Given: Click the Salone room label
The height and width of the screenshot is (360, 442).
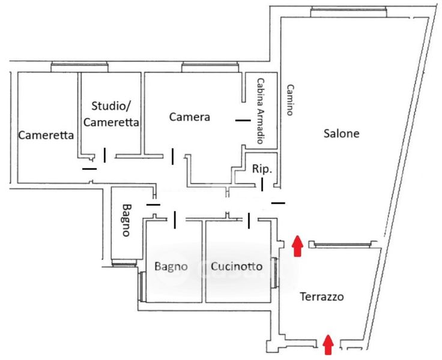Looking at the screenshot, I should coord(341,134).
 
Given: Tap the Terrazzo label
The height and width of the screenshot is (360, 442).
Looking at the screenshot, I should coord(321,296).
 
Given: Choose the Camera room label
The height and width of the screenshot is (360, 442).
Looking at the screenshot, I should coord(189,117).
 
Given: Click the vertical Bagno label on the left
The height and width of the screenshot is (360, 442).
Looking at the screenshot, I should coord(126,220).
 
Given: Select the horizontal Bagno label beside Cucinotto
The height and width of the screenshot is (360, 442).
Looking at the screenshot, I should coord(171,266).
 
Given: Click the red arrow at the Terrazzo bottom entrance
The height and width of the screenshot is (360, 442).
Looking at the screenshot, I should coord(328,344).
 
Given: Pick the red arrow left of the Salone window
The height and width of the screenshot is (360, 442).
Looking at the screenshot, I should coord(297,246).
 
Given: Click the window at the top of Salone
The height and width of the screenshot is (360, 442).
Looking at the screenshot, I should coord(348,10).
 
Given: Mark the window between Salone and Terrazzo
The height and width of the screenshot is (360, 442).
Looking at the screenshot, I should coord(342,244).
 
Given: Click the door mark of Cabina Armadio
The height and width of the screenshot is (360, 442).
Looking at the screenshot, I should coord(243,121).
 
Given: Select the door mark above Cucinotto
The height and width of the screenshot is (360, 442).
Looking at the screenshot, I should coord(249,221).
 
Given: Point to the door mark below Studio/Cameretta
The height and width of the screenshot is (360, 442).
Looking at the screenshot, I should coord(105,155).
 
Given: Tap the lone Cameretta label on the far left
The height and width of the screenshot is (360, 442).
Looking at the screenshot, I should coord(46,136).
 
